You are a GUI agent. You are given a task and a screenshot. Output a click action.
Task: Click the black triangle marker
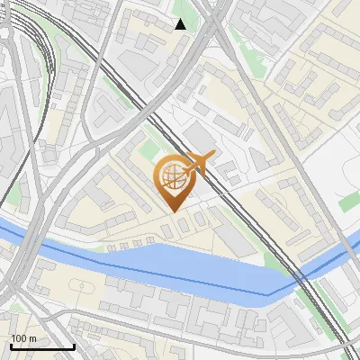click(x=180, y=24)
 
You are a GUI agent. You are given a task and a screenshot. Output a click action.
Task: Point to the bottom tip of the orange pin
click(x=173, y=211)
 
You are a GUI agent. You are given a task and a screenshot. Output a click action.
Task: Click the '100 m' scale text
click(x=23, y=338)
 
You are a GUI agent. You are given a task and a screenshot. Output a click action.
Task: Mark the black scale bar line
click(x=41, y=346)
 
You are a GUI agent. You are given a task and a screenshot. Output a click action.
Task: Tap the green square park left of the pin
click(x=148, y=148)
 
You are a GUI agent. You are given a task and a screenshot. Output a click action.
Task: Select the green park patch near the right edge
click(x=348, y=202)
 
